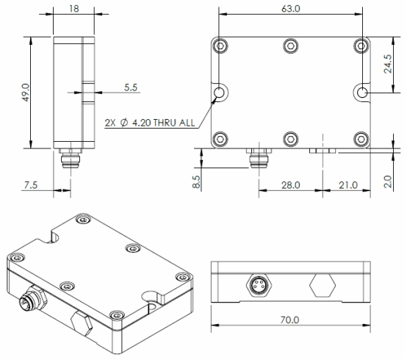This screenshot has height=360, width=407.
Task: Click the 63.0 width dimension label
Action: coord(290,9)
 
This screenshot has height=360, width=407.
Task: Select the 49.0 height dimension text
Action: coord(26,93)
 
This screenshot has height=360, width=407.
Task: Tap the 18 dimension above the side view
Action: coord(73,9)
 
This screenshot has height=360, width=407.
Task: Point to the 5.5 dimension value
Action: coord(131,87)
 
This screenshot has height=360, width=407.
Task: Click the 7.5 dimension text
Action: coord(31,185)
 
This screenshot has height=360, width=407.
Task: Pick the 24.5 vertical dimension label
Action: coord(388,64)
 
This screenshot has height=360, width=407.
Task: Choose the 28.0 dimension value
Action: coord(291,185)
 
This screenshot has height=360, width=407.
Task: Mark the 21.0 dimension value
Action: coord(348,185)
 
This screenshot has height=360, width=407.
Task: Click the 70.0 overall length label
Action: coord(289,320)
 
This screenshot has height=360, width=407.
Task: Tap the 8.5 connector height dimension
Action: coord(196,181)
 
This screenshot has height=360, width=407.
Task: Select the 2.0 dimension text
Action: coord(388,181)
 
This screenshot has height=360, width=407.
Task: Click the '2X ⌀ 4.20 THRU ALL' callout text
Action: coord(150,123)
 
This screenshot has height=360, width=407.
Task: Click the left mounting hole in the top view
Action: coord(220,92)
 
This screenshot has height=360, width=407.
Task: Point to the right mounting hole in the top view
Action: coord(362,92)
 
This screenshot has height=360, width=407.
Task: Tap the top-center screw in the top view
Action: coord(291,46)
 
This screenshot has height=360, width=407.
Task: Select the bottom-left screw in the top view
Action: coord(220,139)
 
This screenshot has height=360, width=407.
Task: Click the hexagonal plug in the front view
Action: coord(323,285)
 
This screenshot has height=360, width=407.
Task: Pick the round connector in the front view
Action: coord(259,285)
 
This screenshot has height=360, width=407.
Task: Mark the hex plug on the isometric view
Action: coord(82,323)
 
